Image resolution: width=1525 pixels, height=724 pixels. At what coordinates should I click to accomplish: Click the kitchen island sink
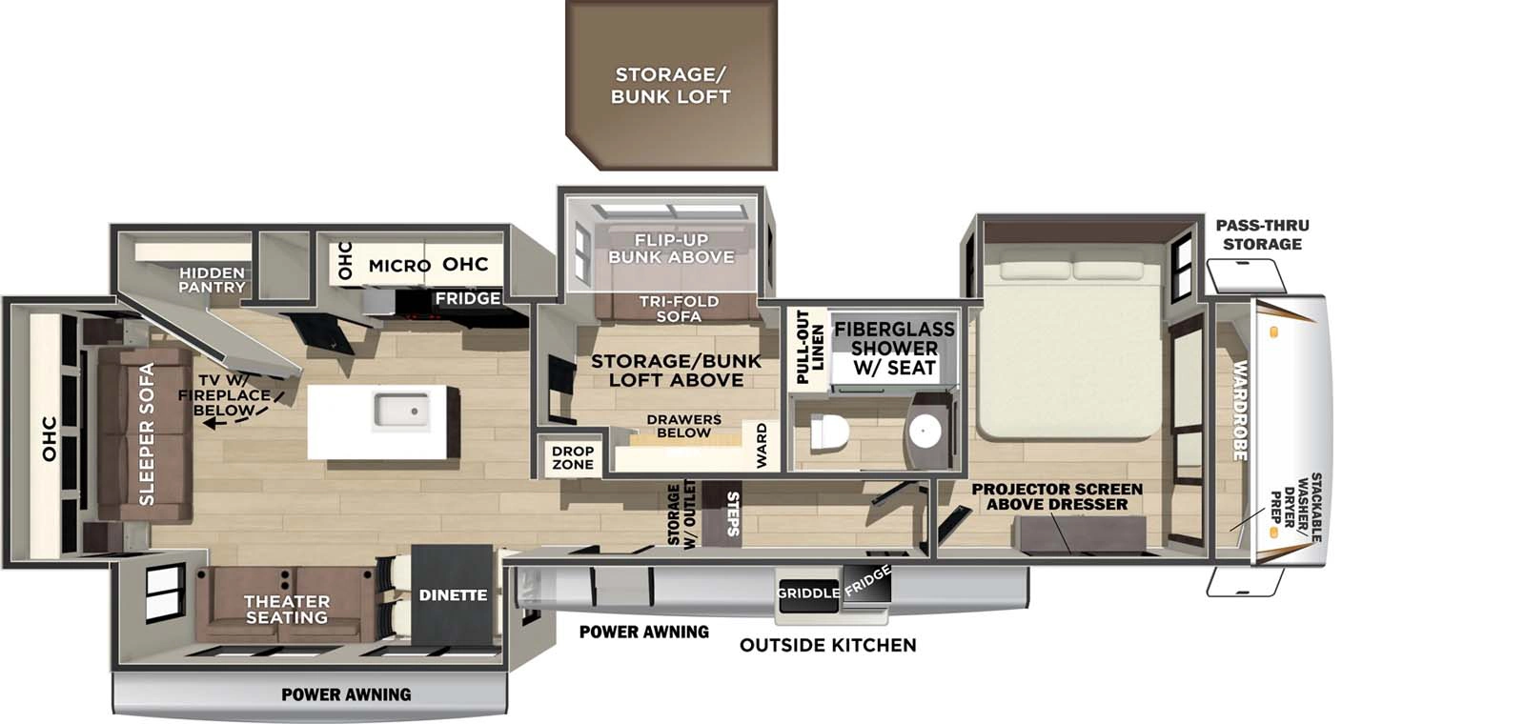point(400,411)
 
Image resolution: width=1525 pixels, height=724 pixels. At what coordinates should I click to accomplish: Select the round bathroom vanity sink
point(925,432)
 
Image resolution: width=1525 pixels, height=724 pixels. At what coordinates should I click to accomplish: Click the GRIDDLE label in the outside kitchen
point(808,593)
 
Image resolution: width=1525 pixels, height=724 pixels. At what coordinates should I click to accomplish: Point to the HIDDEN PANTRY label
point(212,279)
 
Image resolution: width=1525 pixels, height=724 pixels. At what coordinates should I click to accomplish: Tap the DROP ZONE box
point(573,458)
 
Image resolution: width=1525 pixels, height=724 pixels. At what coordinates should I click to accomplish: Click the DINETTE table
point(453,595)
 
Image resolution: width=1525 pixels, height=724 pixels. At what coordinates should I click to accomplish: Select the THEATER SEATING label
point(286,610)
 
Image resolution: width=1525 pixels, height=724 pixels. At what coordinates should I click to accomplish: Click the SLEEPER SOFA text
point(146,433)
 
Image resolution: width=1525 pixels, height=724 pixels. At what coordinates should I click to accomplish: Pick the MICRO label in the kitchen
point(399,266)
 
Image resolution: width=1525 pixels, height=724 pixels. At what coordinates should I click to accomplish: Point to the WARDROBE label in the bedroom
point(1240,410)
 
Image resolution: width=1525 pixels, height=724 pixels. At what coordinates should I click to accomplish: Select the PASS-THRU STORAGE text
point(1262,234)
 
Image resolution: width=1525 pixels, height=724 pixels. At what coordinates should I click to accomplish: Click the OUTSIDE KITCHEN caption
point(827,645)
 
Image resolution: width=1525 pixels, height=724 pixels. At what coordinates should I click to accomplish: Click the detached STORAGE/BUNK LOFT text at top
point(671,86)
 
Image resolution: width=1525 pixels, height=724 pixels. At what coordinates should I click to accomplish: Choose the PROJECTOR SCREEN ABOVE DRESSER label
point(1057,496)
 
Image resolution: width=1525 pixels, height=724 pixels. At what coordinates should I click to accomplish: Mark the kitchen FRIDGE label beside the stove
point(467,298)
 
